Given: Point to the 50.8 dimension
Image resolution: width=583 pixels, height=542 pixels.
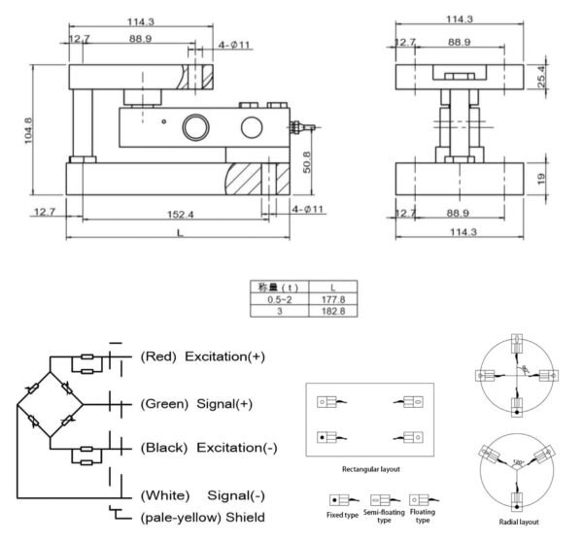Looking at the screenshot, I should pyautogui.click(x=308, y=160).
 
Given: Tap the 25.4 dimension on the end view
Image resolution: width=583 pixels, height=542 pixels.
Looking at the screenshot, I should pyautogui.click(x=541, y=75).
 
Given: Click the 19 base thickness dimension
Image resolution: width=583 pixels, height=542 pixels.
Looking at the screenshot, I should pyautogui.click(x=540, y=177).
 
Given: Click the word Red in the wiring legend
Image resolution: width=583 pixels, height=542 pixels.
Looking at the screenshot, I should pyautogui.click(x=158, y=356).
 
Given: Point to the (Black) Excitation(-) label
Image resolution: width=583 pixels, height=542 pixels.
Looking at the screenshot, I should pyautogui.click(x=209, y=448).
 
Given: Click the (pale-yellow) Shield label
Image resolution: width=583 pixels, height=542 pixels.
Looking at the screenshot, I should pyautogui.click(x=202, y=517).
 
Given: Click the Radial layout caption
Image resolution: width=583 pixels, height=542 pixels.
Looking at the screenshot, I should pyautogui.click(x=520, y=522).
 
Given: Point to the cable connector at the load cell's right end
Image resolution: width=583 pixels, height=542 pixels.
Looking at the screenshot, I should pyautogui.click(x=304, y=125).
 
